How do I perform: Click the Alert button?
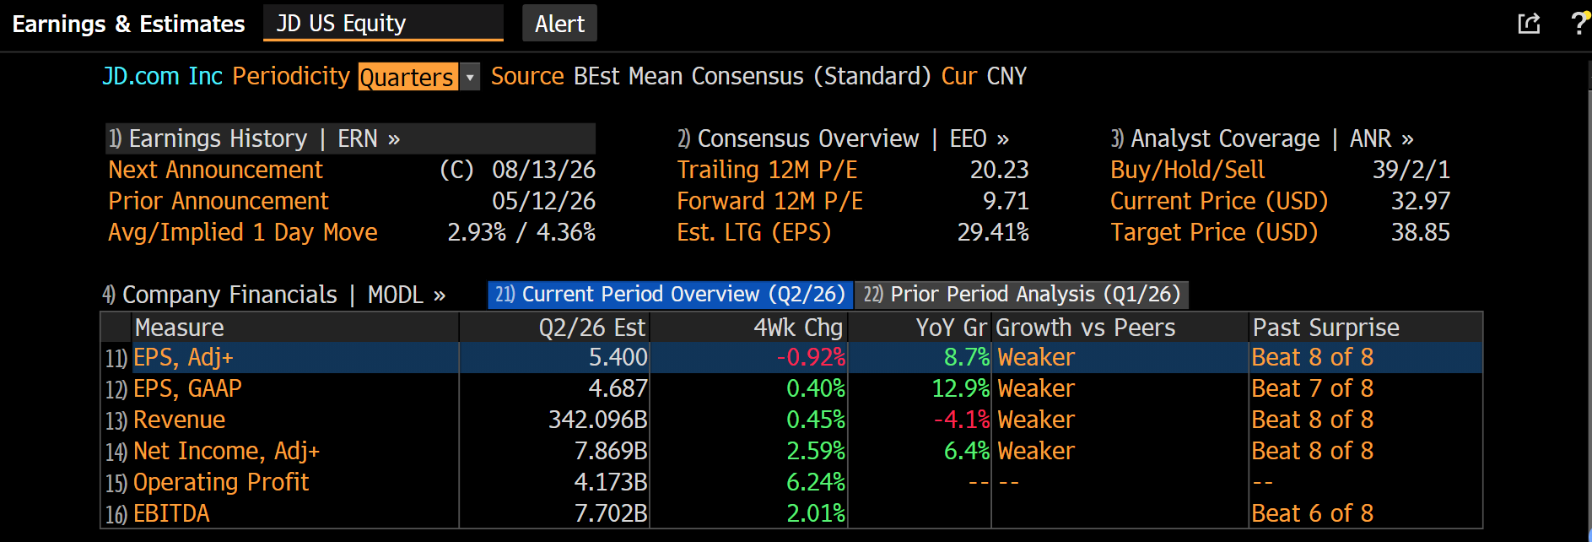[x=559, y=24]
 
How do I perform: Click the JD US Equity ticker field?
[x=383, y=23]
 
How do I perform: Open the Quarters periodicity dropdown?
[x=471, y=77]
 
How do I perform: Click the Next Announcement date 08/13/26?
[x=544, y=170]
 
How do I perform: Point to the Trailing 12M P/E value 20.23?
[x=999, y=170]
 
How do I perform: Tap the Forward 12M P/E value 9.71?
[x=1006, y=201]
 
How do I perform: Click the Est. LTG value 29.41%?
[x=993, y=232]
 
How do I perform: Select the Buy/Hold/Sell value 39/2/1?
[x=1411, y=170]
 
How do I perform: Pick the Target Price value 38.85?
[x=1421, y=232]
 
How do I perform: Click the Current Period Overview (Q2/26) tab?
[x=671, y=295]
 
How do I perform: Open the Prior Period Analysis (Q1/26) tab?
[x=1023, y=295]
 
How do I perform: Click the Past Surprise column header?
[x=1326, y=328]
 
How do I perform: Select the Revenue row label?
[x=180, y=420]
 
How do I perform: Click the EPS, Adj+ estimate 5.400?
[x=618, y=357]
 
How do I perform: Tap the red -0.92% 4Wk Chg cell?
[x=811, y=357]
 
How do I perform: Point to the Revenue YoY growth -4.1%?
[x=962, y=420]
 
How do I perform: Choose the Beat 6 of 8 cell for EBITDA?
[x=1313, y=513]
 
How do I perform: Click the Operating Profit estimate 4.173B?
[x=611, y=482]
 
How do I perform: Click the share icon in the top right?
[x=1530, y=24]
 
